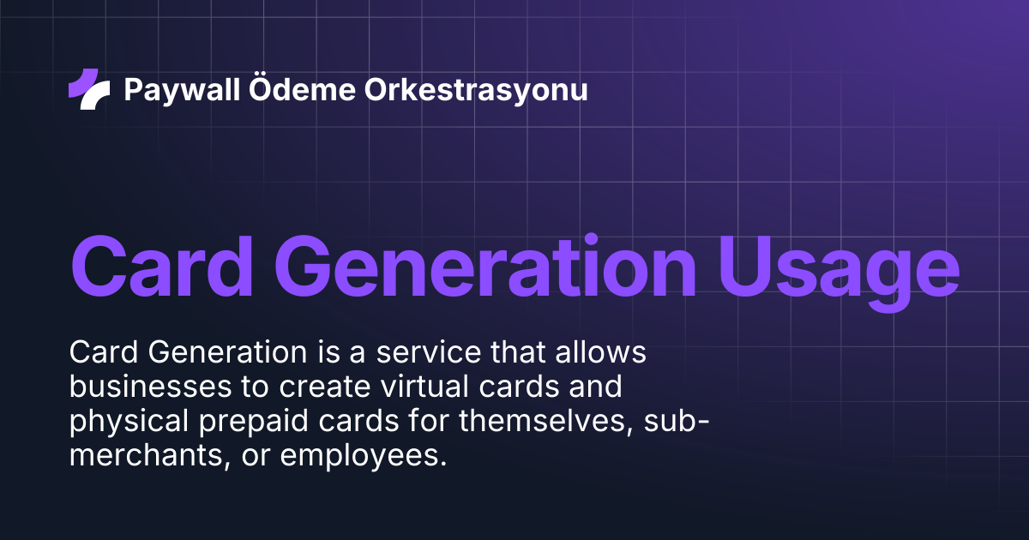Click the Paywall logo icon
[x=89, y=89]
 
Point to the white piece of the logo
[x=95, y=95]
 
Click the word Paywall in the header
[x=182, y=90]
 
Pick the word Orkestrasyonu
[x=476, y=90]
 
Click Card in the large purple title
[x=162, y=267]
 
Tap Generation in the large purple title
[x=485, y=267]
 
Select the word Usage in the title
[x=839, y=273]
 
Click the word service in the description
[x=428, y=352]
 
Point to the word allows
[x=600, y=352]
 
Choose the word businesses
[x=150, y=387]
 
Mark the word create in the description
[x=324, y=387]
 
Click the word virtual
[x=424, y=387]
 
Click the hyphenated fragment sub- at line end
[x=677, y=421]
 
